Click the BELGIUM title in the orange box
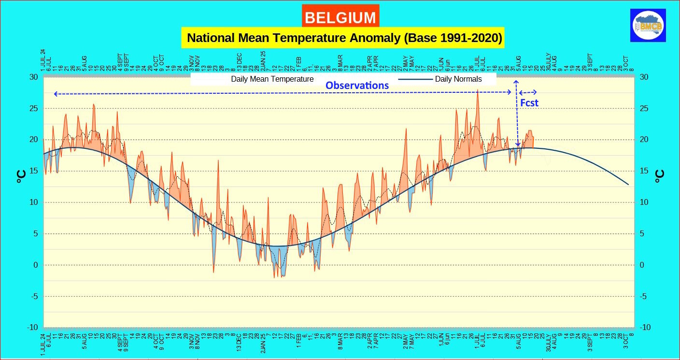[340, 17]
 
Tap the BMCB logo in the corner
[648, 25]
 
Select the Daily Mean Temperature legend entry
[272, 79]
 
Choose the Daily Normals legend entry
[458, 79]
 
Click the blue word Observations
[357, 86]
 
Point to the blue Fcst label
[529, 102]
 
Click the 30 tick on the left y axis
[33, 77]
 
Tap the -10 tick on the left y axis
[32, 328]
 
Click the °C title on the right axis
[660, 176]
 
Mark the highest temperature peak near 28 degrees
[478, 90]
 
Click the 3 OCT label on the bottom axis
[625, 341]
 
